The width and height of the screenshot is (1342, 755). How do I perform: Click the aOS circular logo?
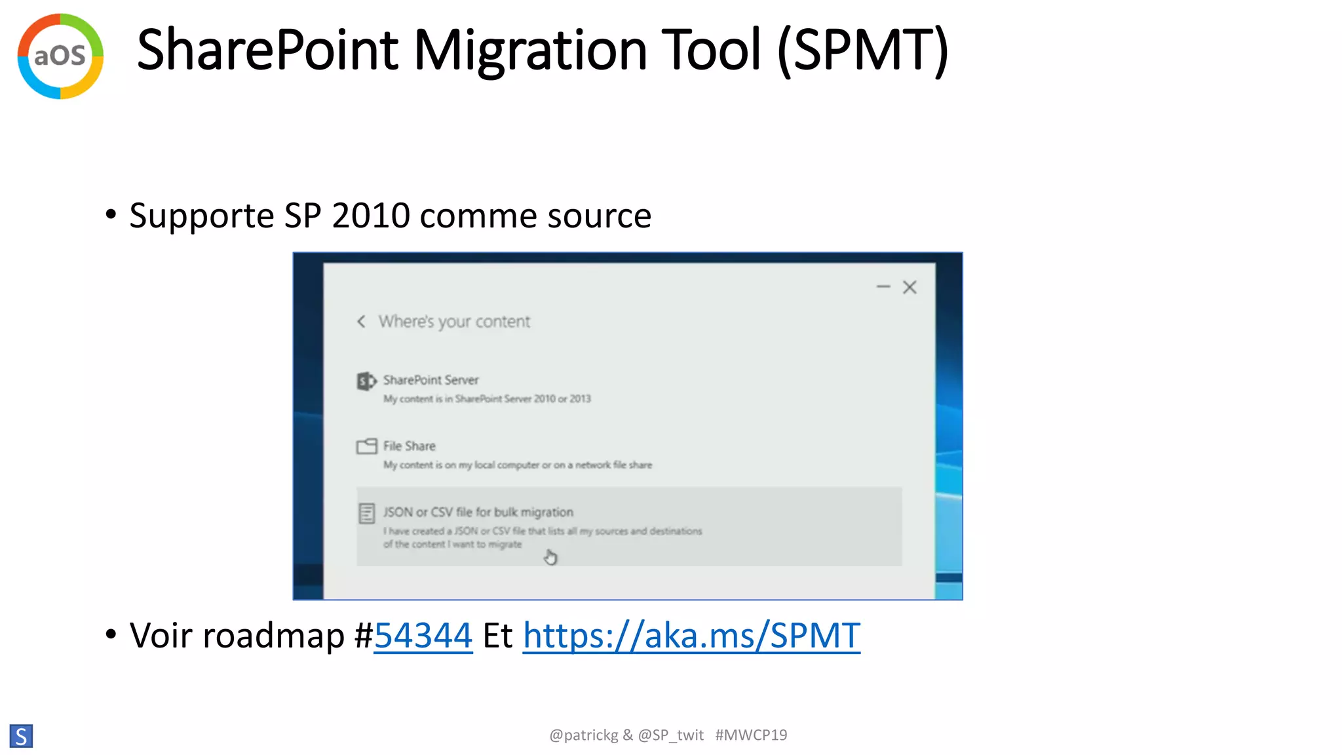[60, 56]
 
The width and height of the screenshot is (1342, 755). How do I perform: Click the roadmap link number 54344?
[423, 635]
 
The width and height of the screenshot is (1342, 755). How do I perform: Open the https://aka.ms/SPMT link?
[691, 635]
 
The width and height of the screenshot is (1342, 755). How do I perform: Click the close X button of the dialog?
[910, 287]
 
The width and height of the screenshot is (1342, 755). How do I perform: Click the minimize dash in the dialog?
[883, 286]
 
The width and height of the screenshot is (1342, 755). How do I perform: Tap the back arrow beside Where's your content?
[361, 321]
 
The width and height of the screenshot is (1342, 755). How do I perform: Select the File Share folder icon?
[366, 446]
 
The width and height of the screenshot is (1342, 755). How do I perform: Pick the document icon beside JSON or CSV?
[367, 513]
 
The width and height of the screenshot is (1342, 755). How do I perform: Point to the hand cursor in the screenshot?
[550, 558]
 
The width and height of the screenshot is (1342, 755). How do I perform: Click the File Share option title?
[410, 446]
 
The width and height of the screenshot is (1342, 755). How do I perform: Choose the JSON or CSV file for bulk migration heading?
[478, 512]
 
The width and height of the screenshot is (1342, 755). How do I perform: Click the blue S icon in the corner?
[21, 736]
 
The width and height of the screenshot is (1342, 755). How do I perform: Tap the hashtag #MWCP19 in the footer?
[751, 735]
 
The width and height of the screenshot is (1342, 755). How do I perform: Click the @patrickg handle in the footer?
[583, 735]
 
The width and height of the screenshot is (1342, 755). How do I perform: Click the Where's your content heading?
[454, 321]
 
